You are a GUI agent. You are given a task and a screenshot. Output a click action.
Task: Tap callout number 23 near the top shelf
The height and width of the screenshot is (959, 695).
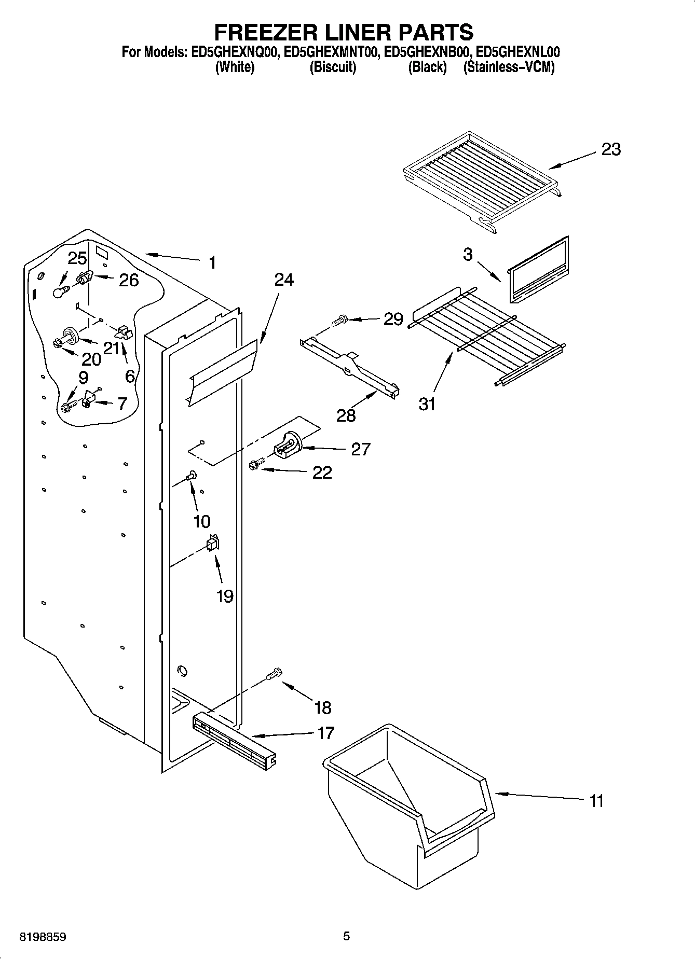[x=611, y=149]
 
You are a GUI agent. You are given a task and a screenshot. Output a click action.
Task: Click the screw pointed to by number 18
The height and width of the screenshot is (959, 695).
[x=274, y=674]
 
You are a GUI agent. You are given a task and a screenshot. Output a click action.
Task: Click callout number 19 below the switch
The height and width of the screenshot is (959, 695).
[x=224, y=596]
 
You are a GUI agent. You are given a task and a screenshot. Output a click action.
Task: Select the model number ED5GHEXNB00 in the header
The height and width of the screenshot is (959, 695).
[x=427, y=52]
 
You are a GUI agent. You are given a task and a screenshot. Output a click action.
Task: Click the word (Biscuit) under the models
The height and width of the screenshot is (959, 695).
[x=333, y=67]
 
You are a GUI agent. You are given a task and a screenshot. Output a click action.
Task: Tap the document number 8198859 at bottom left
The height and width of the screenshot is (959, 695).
[x=43, y=937]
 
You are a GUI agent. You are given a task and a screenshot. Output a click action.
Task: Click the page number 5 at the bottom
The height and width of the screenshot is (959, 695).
[x=346, y=936]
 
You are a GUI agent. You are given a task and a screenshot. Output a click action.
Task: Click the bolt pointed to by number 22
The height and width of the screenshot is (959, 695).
[x=255, y=465]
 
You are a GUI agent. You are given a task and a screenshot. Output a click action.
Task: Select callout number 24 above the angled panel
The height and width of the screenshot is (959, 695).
[x=284, y=280]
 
